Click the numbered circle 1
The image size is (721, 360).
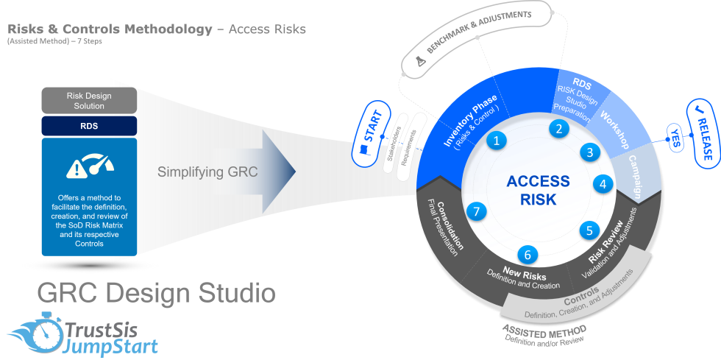(x=497, y=141)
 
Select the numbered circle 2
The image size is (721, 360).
(x=559, y=129)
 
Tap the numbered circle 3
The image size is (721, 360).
(x=589, y=152)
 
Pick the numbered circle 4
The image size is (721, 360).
(x=603, y=184)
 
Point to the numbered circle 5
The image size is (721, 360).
(x=589, y=230)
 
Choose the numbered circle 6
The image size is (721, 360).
(x=527, y=255)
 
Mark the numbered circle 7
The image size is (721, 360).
(x=477, y=212)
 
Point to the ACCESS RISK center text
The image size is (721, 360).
(x=538, y=190)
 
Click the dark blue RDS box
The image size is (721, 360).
(x=89, y=126)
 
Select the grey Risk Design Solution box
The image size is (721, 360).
(x=89, y=100)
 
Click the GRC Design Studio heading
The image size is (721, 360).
(x=157, y=293)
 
